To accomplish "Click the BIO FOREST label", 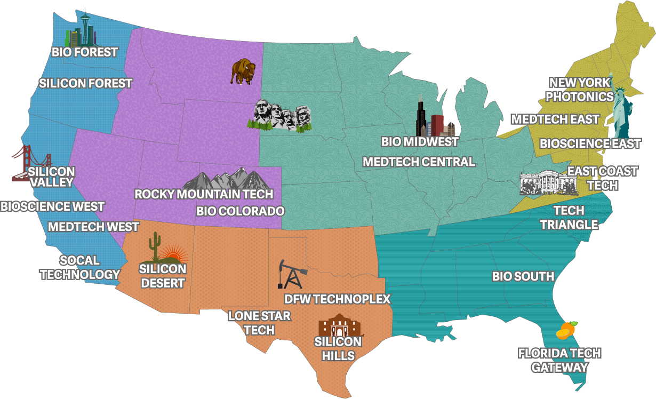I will pos(84,52).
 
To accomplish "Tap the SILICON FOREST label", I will pos(85,83).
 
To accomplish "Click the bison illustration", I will pos(243,71).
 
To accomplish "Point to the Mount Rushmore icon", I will pos(280,115).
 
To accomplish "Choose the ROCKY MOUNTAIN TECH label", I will pos(204,194).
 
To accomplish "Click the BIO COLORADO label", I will pos(240,211).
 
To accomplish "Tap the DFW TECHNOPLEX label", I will pos(337,299).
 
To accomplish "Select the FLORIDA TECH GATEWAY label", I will pos(559,360).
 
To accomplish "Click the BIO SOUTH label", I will pos(523,276).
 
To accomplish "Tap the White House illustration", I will pos(548,182).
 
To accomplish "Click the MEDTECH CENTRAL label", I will pos(419,162).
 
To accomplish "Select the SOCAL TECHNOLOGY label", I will pos(80,267).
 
